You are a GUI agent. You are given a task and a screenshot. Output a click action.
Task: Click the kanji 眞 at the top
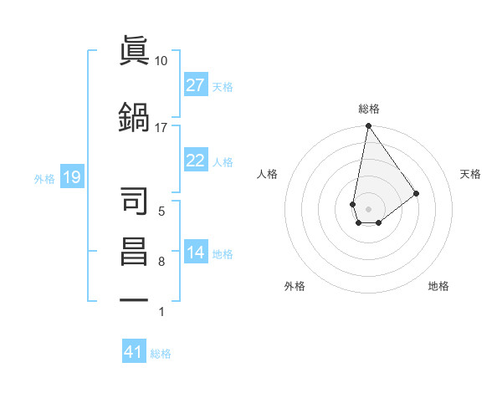pos(135,49)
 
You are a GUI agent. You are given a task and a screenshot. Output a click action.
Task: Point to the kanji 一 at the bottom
pos(135,299)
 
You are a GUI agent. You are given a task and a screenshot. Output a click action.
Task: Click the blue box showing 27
pos(196,85)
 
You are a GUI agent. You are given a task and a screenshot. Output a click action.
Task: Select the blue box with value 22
pos(196,161)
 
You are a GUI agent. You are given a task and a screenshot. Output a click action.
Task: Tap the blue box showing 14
pos(196,253)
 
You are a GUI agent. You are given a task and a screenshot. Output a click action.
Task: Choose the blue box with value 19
pos(71,177)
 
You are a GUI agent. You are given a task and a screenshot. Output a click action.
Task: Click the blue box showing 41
pos(134,352)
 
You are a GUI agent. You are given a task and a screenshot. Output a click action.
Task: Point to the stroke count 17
pos(161,127)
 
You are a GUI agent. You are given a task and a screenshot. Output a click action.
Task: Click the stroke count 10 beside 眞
pos(161,61)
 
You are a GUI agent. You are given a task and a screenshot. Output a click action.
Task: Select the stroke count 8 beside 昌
pos(161,262)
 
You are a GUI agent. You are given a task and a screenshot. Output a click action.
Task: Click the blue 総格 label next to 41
pos(161,353)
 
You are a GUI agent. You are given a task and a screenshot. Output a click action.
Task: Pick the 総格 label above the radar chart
pos(368,109)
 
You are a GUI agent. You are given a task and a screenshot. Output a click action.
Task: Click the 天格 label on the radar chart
pos(470,174)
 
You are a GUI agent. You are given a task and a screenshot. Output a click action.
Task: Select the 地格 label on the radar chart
pos(438,286)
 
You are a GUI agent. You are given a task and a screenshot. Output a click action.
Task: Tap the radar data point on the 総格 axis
pos(368,126)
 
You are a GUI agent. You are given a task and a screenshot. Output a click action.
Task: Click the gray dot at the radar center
pos(368,207)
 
